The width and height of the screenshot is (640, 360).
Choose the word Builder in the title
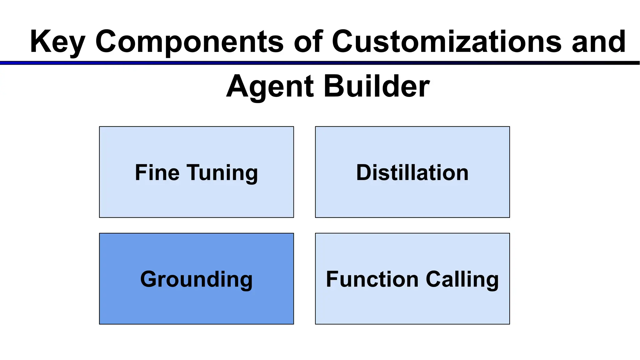point(377,86)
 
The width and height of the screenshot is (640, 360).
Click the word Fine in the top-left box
point(157,172)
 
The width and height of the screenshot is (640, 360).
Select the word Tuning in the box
point(222,173)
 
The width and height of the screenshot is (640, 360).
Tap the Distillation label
point(412,172)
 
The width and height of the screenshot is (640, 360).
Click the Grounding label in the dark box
point(196,279)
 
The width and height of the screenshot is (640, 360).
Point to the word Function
point(372,279)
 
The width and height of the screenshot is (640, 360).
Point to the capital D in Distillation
point(364,172)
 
